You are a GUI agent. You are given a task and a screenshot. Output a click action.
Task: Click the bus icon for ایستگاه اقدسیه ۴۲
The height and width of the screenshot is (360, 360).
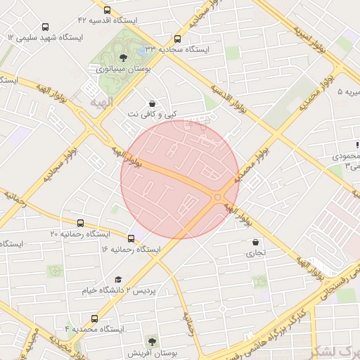click(x=106, y=11)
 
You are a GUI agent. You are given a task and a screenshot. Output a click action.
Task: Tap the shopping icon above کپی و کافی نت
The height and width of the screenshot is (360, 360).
click(x=152, y=103)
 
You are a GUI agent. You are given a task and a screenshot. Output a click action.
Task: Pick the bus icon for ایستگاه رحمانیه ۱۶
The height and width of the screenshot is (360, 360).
click(x=131, y=238)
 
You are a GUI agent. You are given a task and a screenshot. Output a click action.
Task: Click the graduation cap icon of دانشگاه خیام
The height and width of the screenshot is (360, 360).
click(x=118, y=279)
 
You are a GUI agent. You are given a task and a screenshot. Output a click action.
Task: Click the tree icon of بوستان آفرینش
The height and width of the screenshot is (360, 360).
click(x=152, y=340)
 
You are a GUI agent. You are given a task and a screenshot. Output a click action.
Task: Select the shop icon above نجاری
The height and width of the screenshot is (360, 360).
click(x=254, y=243)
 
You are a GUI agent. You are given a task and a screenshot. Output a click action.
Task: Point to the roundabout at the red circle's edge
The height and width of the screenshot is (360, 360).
click(x=218, y=198)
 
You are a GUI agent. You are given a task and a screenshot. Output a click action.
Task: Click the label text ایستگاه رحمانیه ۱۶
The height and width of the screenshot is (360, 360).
click(x=131, y=250)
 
